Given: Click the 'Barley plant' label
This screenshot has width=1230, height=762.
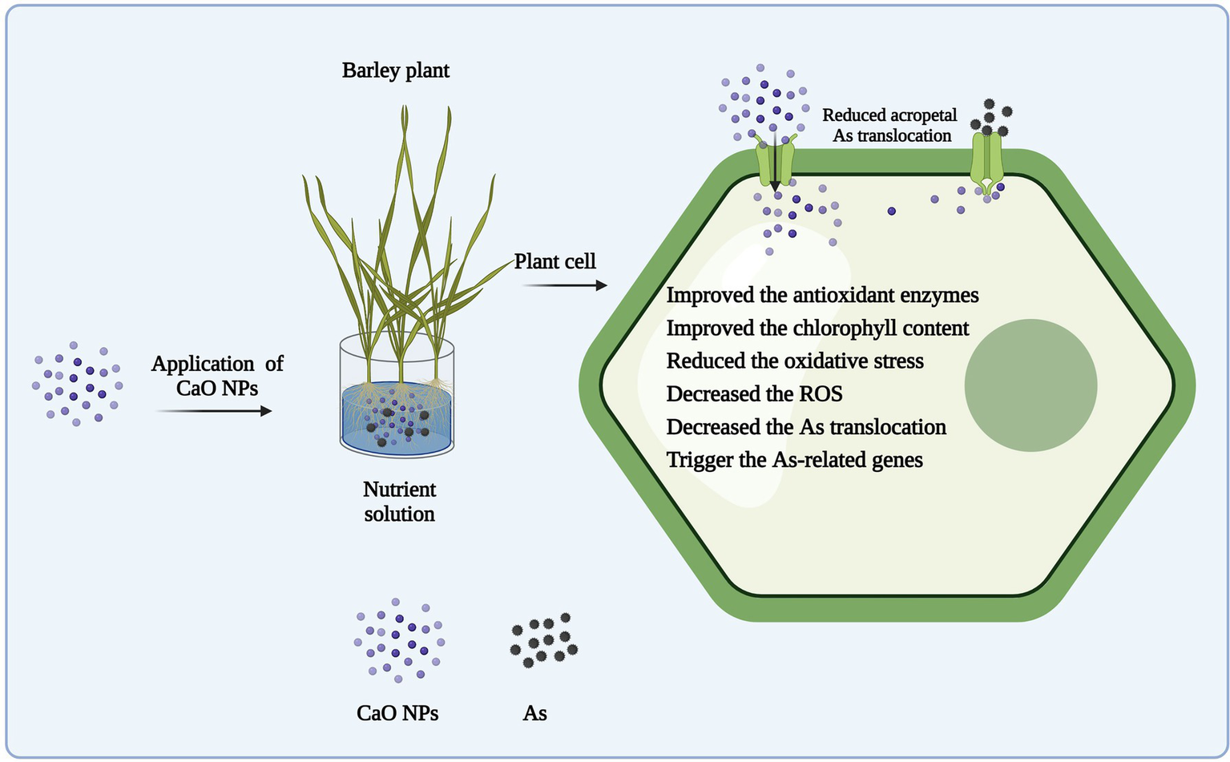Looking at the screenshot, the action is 395,71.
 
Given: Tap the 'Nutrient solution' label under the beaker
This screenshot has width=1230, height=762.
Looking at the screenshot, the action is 399,502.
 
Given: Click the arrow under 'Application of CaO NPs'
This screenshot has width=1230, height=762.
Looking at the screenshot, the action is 214,411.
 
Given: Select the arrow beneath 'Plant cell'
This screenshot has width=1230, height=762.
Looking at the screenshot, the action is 565,285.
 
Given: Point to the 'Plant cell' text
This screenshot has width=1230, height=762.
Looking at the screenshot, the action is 555,261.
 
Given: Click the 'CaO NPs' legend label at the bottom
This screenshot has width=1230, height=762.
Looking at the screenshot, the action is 397,713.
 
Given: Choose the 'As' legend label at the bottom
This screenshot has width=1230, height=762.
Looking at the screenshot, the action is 534,713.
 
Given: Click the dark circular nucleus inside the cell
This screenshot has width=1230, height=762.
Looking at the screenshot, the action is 1030,385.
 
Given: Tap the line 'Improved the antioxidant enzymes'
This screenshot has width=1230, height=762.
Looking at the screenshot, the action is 823,296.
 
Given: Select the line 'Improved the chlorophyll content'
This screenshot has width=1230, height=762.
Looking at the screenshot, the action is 817,329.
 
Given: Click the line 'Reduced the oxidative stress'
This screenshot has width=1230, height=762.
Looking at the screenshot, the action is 795,361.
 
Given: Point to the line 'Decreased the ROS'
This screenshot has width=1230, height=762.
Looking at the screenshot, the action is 755,394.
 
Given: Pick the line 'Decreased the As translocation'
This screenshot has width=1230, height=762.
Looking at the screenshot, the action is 806,427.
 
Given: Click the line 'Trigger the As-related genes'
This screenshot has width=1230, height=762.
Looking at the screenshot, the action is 795,460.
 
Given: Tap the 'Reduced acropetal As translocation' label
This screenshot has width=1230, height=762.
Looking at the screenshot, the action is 890,125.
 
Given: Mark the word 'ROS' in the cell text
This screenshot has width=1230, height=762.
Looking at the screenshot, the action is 821,394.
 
